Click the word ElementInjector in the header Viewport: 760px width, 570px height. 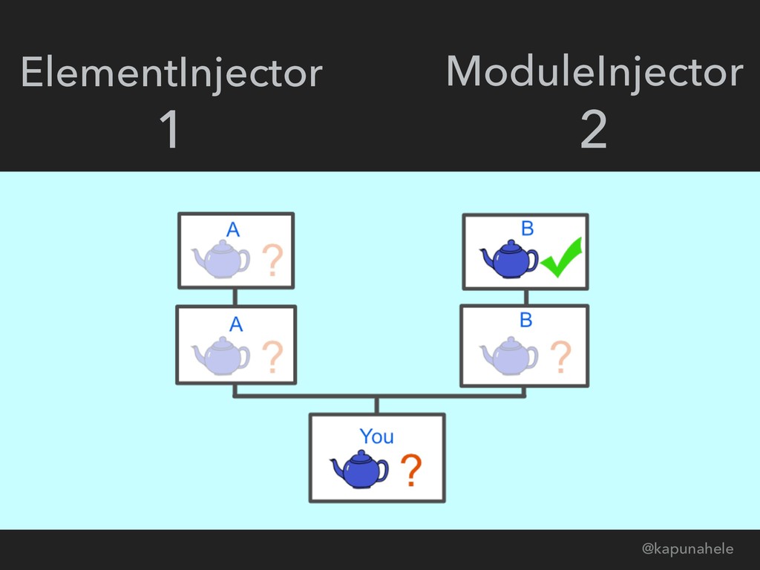tap(171, 73)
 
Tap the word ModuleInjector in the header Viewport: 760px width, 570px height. tap(594, 72)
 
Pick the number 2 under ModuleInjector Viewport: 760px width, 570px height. tap(593, 131)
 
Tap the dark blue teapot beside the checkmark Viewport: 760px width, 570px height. tap(509, 258)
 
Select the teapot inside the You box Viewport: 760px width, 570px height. tap(359, 469)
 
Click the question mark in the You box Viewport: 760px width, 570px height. tap(411, 470)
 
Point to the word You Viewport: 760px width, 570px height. tap(376, 436)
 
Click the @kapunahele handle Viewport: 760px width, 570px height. tap(687, 548)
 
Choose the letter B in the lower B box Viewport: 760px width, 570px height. tap(525, 321)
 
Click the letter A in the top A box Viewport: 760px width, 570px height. tap(233, 229)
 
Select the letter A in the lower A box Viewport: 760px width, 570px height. tap(236, 324)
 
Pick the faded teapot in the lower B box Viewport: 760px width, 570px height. tap(509, 355)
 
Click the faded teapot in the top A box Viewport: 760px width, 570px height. tap(220, 258)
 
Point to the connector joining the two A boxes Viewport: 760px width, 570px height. tap(235, 297)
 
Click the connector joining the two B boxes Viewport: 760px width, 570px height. tap(525, 297)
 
